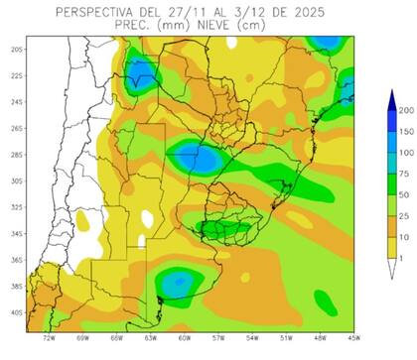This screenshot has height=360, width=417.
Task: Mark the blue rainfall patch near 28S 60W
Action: coord(195,156)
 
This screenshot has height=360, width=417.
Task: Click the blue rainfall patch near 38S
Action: coord(180,286)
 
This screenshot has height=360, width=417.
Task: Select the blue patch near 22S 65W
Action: coord(140,72)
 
